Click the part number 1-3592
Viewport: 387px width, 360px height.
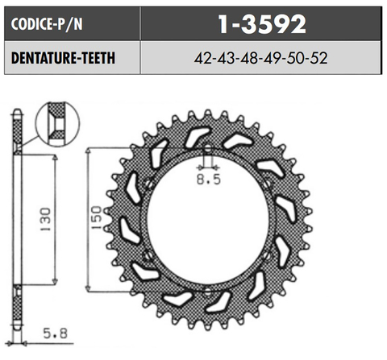262,25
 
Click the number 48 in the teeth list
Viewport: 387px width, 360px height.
250,59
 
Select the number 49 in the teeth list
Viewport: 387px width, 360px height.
273,59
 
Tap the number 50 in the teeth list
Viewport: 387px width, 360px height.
297,59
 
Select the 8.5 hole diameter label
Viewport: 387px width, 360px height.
208,181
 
